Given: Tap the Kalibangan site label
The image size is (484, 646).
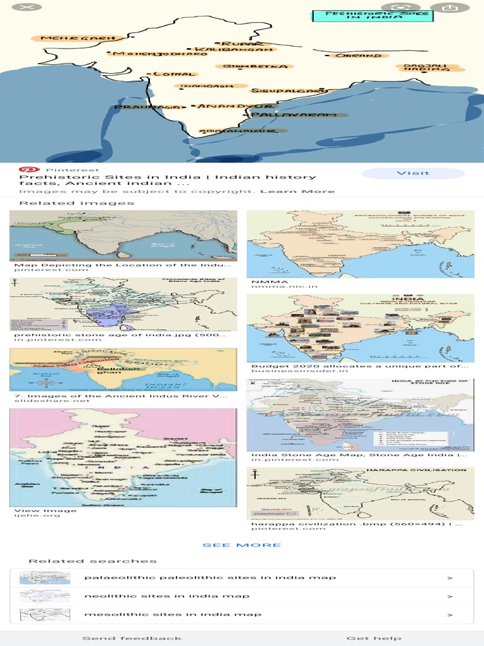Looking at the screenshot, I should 233,49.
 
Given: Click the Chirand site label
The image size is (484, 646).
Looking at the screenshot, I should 358,56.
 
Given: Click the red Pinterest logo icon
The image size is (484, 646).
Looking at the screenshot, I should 27,170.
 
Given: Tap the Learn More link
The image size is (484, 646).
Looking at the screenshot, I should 297,191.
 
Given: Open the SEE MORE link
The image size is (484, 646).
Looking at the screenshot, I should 242,545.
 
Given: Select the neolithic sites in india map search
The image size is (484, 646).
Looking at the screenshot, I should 166,596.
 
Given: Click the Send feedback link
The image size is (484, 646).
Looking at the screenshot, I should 132,638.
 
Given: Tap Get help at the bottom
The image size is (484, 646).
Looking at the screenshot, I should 373,638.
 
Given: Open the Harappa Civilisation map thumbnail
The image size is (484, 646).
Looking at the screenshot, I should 360,493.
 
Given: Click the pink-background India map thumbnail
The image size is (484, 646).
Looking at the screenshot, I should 123,457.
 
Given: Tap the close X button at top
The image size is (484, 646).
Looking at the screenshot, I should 26,8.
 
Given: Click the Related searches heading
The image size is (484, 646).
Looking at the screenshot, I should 92,561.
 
